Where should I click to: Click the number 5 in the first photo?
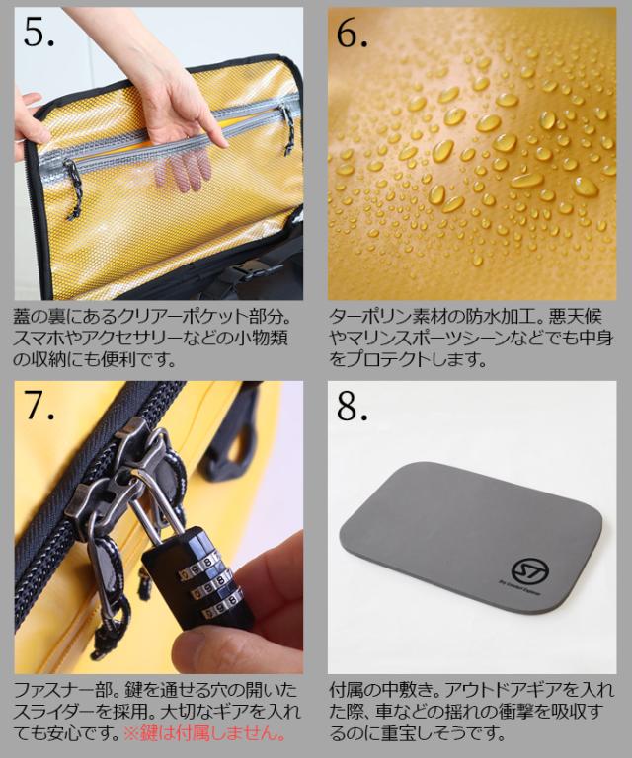pyautogui.click(x=34, y=33)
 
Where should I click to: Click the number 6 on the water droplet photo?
pyautogui.click(x=348, y=34)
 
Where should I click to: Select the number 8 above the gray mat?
pyautogui.click(x=348, y=406)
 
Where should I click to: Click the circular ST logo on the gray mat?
pyautogui.click(x=529, y=569)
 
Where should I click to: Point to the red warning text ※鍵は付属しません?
pyautogui.click(x=204, y=733)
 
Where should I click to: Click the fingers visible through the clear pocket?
pyautogui.click(x=183, y=171)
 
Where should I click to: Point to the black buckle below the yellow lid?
pyautogui.click(x=248, y=271)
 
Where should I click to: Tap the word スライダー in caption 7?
pyautogui.click(x=54, y=712)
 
